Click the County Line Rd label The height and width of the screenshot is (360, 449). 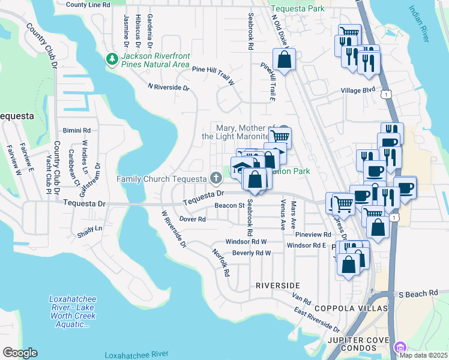click(88, 5)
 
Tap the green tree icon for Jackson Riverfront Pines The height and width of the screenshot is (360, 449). click(112, 59)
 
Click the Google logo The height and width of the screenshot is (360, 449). click(20, 353)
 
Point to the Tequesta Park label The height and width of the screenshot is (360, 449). click(297, 8)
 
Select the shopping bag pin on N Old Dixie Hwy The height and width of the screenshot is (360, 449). click(284, 59)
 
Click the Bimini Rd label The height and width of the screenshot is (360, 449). click(77, 130)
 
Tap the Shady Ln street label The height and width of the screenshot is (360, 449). click(90, 229)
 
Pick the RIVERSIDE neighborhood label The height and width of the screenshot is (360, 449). click(277, 284)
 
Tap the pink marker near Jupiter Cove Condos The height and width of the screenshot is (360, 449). click(400, 346)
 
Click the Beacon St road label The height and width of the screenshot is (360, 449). click(228, 206)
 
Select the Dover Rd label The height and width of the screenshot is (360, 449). click(193, 219)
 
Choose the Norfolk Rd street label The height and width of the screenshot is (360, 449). click(221, 263)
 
